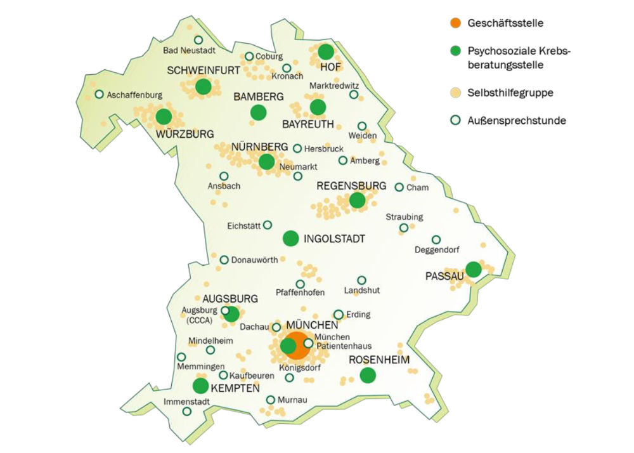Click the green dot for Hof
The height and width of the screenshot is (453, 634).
325,52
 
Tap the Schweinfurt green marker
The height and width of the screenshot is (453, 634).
203,87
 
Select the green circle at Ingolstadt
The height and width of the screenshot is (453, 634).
290,239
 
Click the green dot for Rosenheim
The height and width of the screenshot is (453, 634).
367,376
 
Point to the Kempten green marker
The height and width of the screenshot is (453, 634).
200,385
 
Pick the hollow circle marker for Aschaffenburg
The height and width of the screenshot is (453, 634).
99,95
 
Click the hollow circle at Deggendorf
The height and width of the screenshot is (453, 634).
436,240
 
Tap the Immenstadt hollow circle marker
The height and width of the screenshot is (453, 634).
187,411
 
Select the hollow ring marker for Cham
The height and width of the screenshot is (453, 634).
399,187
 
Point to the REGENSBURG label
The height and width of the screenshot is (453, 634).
351,185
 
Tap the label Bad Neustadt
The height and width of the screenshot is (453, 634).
190,51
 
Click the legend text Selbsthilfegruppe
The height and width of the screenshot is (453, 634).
510,93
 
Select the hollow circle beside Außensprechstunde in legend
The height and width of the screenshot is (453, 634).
455,121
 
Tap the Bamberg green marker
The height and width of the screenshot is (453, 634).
258,112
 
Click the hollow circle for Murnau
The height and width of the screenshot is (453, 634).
271,400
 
